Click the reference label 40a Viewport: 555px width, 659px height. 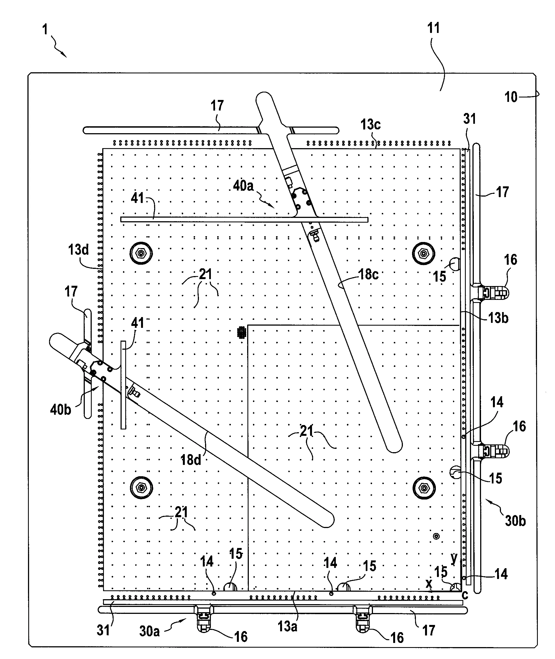click(243, 186)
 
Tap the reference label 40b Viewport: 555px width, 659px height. click(60, 410)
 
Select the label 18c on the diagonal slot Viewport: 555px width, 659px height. click(369, 274)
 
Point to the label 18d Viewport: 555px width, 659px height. click(191, 460)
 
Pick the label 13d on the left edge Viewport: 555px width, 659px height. click(78, 250)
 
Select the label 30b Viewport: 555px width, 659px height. click(515, 521)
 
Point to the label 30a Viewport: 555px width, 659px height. click(149, 631)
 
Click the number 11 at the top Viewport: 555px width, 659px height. click(433, 28)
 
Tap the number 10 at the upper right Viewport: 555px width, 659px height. click(511, 97)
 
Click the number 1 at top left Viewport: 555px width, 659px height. click(45, 30)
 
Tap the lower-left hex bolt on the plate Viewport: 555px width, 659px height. click(141, 488)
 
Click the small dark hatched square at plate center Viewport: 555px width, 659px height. click(242, 332)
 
